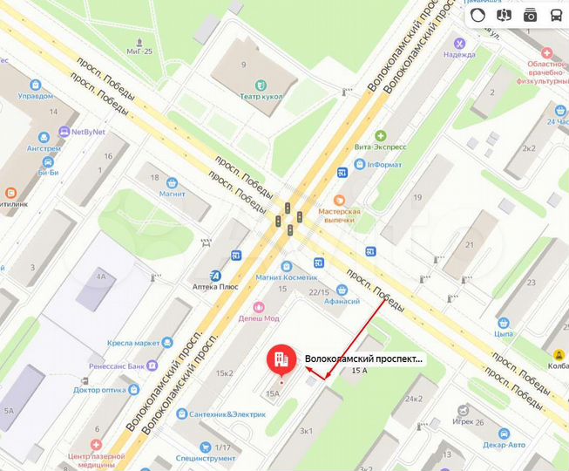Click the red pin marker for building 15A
coord(280,359)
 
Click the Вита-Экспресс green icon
coord(380,136)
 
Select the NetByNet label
coord(88,132)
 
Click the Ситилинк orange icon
coord(10,192)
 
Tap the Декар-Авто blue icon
coord(503,433)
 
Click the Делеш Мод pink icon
coord(258,307)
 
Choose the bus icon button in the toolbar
coord(555,15)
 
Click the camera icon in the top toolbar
coord(530,15)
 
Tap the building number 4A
coord(101,277)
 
